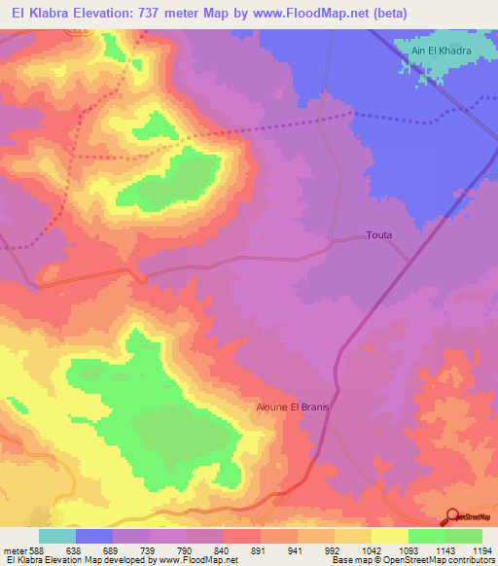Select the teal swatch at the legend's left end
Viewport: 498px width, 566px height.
click(57, 536)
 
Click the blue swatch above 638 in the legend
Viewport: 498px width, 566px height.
click(94, 536)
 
